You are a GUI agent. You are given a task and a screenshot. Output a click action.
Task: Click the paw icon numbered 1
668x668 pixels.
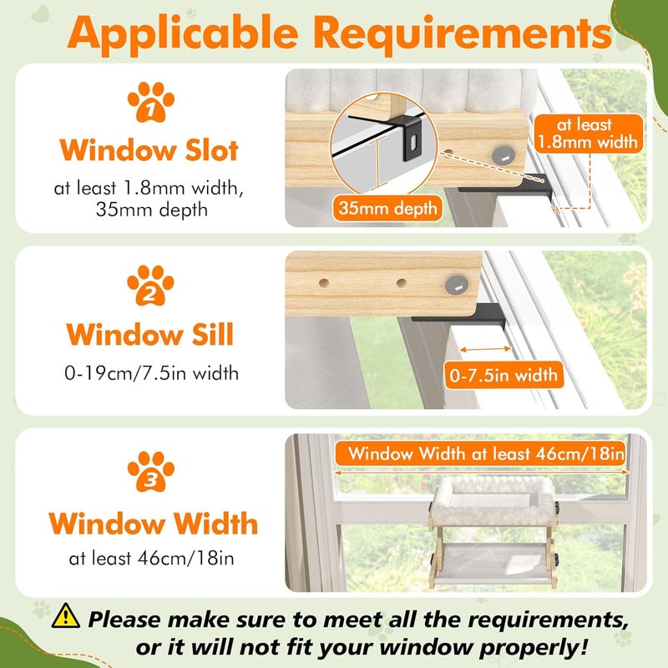(x=151, y=102)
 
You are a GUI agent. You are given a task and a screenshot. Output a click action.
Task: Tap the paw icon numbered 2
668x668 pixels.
(x=150, y=286)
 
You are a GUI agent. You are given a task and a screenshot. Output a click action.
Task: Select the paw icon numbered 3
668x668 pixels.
(x=151, y=471)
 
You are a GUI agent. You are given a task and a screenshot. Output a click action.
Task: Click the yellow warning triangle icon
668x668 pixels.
(x=66, y=615)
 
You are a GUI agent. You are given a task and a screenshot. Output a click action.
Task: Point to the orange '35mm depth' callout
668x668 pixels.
(x=387, y=208)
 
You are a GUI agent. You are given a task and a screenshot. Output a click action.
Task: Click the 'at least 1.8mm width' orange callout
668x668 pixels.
(x=588, y=134)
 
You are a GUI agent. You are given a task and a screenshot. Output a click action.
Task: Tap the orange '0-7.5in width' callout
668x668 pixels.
(x=504, y=375)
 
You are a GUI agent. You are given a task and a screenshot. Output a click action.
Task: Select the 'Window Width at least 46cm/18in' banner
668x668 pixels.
(x=481, y=453)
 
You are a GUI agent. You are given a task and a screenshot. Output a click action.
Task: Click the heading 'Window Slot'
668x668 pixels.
(x=149, y=150)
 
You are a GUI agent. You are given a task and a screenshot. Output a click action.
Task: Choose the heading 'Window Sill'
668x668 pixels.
(x=150, y=334)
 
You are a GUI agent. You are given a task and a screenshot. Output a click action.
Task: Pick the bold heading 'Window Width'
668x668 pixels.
(x=154, y=524)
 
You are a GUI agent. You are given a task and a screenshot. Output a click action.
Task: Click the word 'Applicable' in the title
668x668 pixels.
(x=183, y=34)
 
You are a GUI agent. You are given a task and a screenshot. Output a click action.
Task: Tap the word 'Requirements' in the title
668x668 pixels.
(x=463, y=33)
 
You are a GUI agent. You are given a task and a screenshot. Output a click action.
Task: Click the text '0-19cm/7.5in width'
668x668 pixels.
(x=151, y=373)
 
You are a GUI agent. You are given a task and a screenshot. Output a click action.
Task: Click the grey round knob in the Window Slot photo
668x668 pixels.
(x=504, y=154)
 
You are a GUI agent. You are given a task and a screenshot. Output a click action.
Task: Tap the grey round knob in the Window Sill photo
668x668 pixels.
(x=457, y=285)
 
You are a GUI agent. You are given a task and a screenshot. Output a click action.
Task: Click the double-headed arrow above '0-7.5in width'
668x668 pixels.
(x=486, y=349)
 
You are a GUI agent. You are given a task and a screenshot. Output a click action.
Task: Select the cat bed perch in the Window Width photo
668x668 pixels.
(x=493, y=532)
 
